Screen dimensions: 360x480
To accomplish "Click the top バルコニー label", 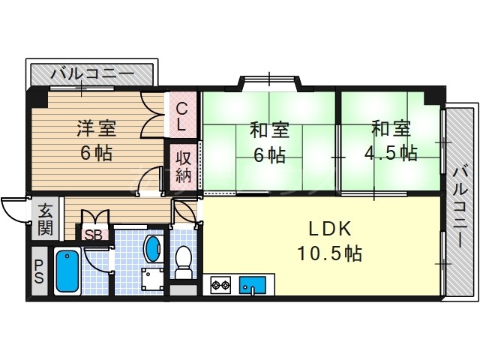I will click(x=92, y=74).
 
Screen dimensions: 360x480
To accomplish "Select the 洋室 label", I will click(x=95, y=128).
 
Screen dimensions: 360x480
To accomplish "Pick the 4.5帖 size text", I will click(x=390, y=153).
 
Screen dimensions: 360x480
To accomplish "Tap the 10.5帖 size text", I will click(x=331, y=253).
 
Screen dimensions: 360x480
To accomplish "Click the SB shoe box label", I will click(x=94, y=234).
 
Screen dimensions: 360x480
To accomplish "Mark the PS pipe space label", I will click(x=38, y=272).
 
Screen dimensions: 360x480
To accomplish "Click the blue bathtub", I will click(x=67, y=271).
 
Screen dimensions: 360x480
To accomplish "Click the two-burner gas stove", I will click(x=220, y=285).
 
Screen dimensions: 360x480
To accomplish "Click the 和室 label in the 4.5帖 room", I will click(x=390, y=128).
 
